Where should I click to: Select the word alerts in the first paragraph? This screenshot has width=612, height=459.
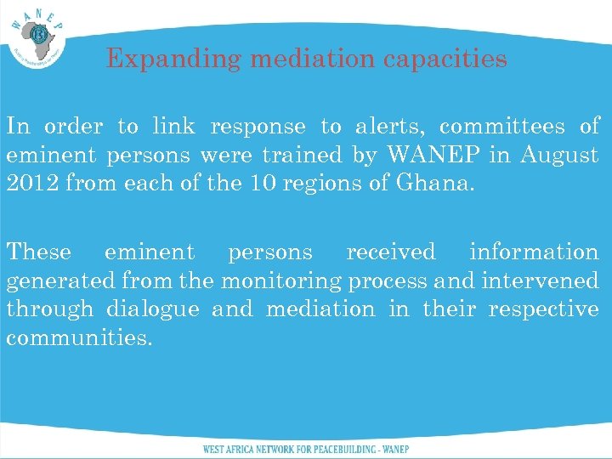387,127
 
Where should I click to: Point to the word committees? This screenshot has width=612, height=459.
502,127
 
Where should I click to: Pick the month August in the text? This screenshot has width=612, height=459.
558,156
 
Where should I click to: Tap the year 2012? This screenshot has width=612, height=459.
31,184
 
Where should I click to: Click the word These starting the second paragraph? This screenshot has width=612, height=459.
39,252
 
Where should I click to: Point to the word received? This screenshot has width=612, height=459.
391,252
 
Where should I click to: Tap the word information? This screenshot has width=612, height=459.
534,252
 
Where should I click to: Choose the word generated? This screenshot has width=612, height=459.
61,281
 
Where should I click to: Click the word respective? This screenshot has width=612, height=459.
544,309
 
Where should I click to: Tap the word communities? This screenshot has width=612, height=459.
79,338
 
